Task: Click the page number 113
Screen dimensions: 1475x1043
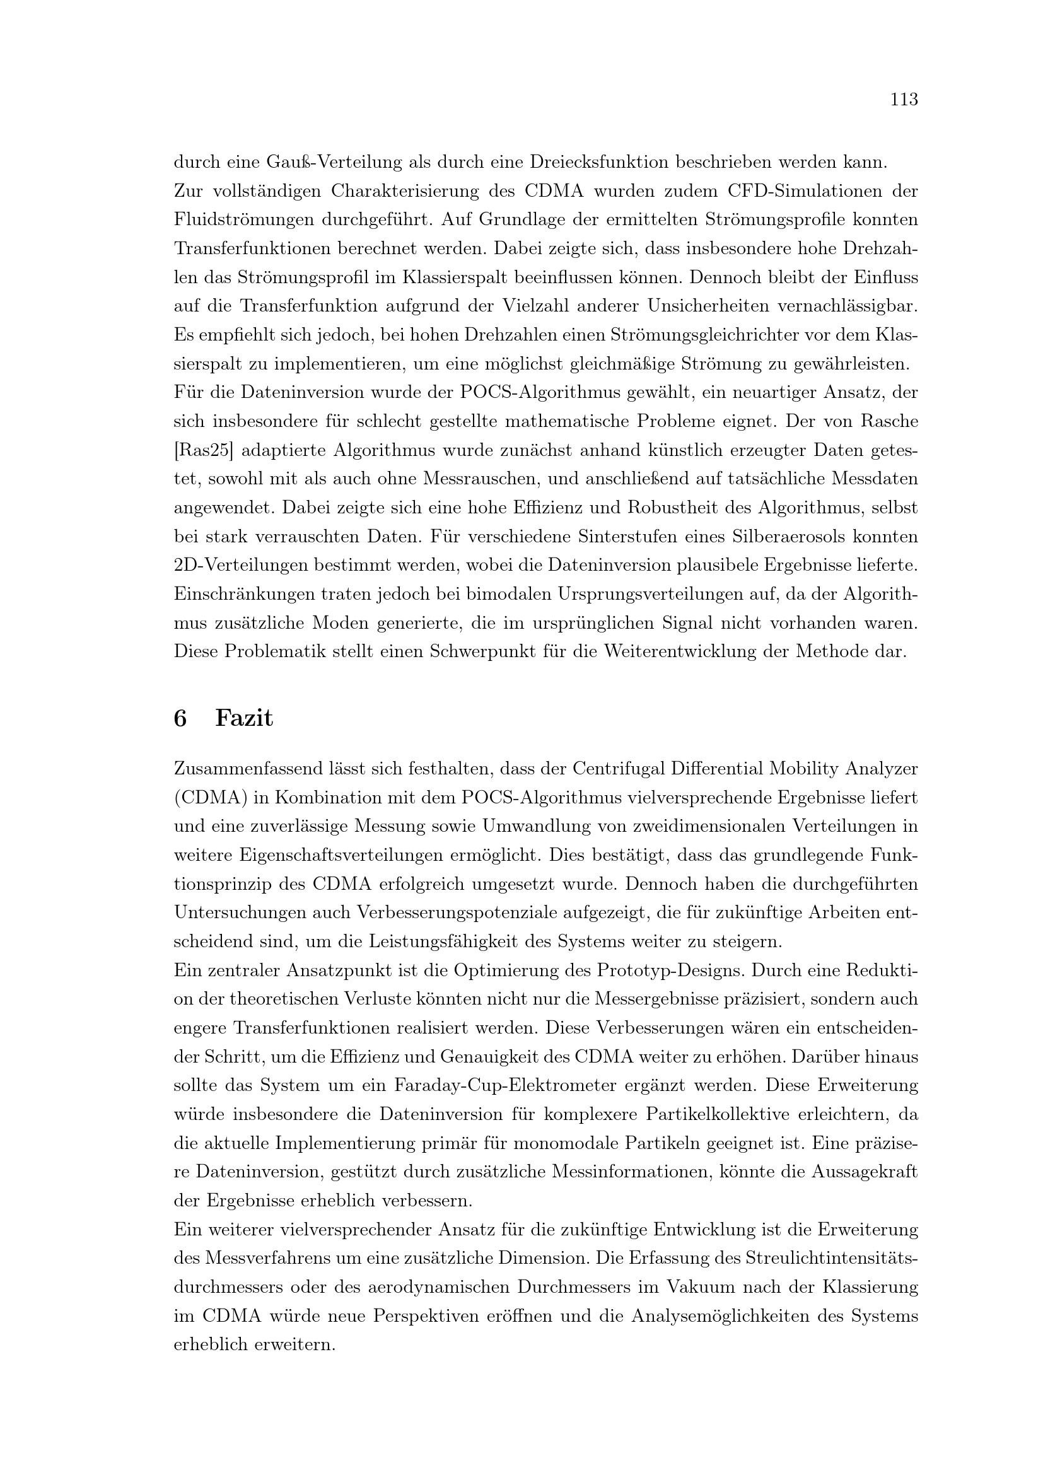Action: [904, 100]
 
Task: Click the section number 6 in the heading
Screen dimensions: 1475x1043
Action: [180, 718]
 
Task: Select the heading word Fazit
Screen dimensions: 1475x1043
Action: [244, 718]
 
